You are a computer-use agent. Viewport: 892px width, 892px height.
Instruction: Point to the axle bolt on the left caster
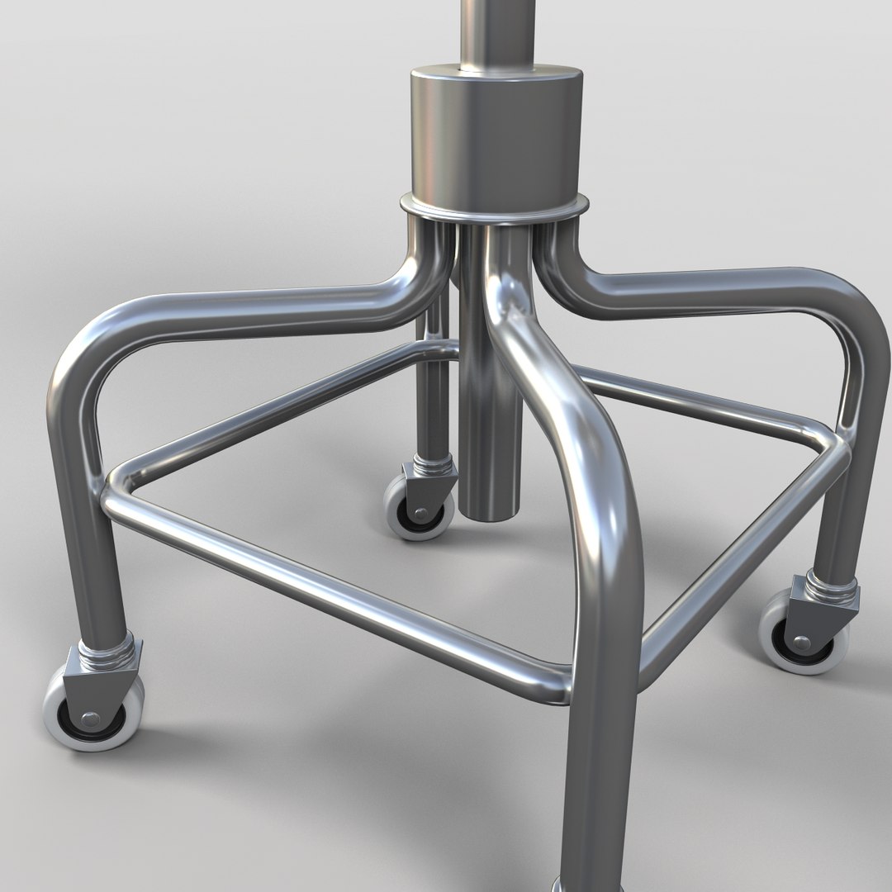[88, 717]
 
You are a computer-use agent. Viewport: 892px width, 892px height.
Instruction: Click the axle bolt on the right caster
[801, 642]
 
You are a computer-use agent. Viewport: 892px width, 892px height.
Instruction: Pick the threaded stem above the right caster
[830, 588]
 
